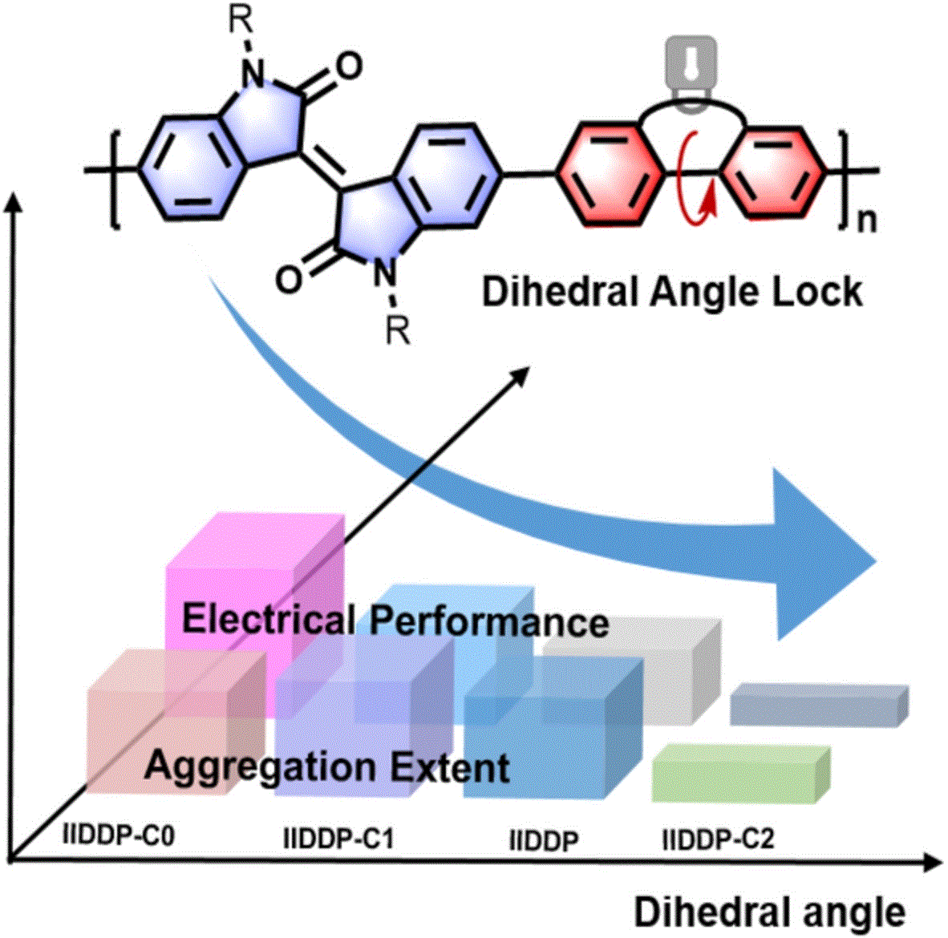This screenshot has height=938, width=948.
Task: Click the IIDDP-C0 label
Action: tap(118, 836)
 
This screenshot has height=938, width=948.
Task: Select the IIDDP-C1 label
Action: tap(338, 839)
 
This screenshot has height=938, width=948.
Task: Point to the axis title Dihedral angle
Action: tap(770, 912)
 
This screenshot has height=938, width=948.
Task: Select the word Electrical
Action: tap(268, 620)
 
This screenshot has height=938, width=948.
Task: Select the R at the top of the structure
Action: tap(241, 22)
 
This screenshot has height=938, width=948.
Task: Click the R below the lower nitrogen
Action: tap(398, 331)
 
